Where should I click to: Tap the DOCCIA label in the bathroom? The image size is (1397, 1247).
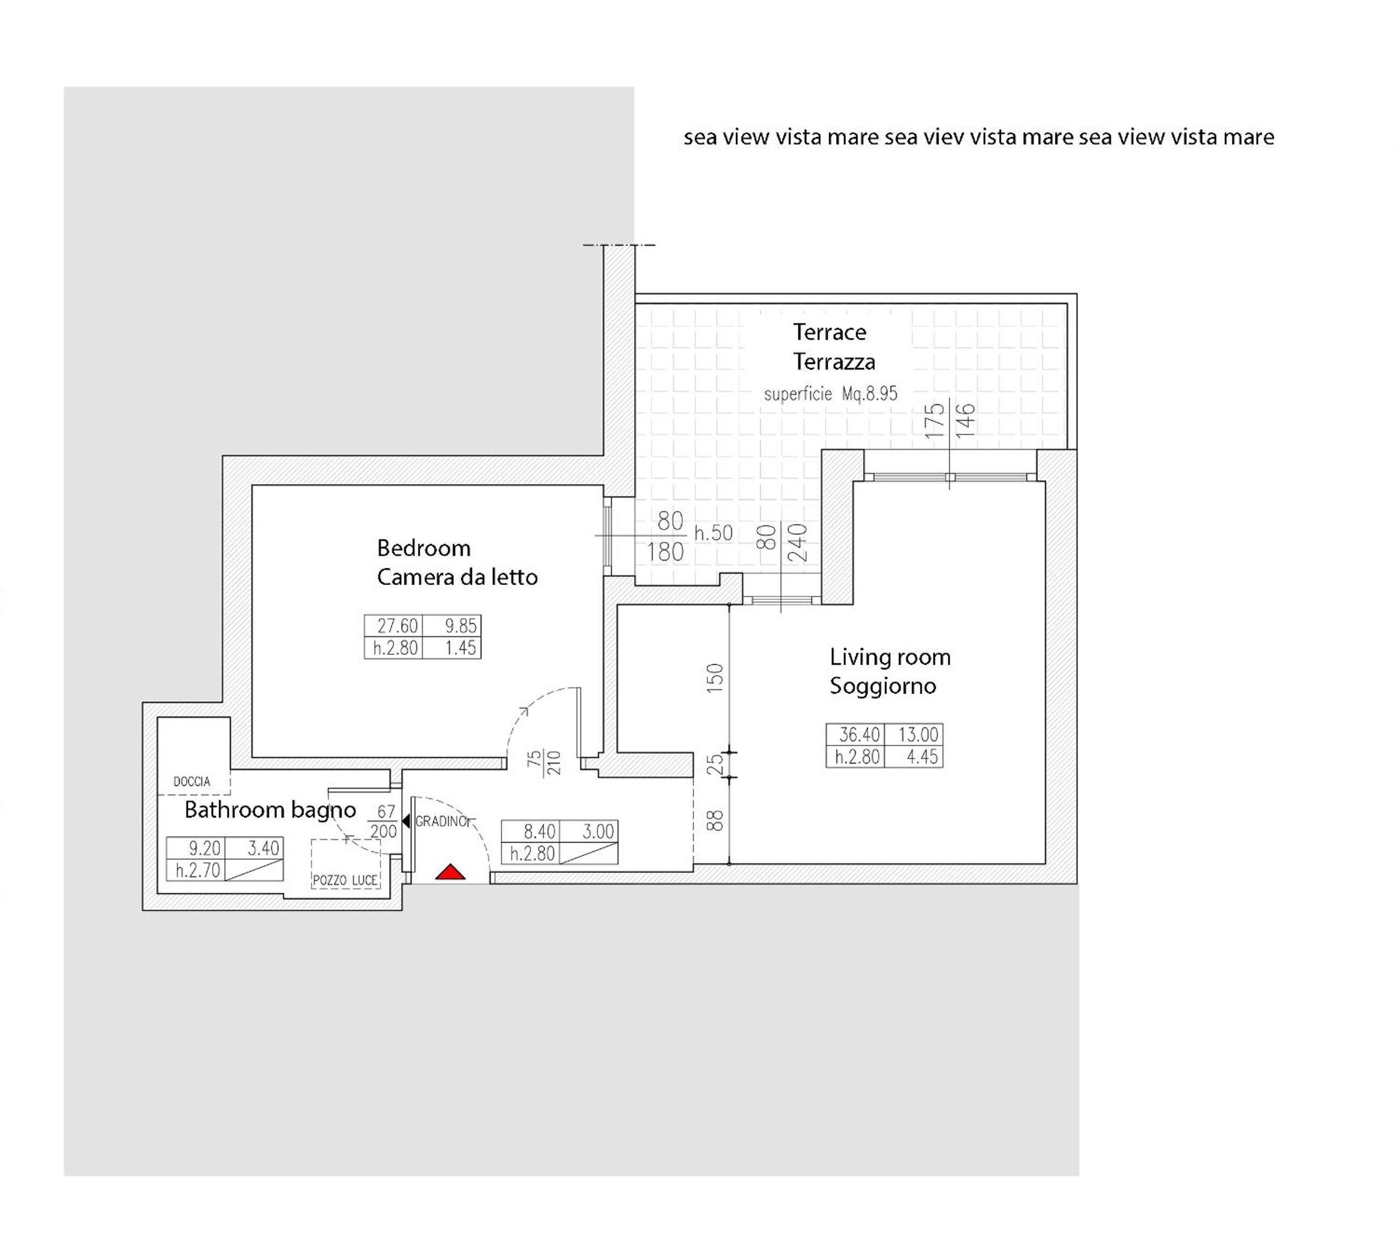192,781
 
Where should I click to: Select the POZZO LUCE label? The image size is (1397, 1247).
345,880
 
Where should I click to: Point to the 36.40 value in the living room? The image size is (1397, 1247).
859,735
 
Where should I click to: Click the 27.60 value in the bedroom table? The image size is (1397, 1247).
397,625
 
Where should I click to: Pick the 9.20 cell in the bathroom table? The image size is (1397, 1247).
205,848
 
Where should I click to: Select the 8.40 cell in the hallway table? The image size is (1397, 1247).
539,831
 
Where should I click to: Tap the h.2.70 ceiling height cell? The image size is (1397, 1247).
198,870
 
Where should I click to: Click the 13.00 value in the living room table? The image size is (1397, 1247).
918,735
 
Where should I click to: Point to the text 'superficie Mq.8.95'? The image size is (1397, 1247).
831,394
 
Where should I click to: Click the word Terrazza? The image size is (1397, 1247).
834,361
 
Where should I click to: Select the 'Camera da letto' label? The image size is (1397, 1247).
457,577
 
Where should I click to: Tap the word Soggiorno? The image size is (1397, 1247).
882,686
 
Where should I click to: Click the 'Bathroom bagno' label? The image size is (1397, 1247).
270,810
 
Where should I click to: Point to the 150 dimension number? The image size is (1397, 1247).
715,678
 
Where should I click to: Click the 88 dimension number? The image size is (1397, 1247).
715,821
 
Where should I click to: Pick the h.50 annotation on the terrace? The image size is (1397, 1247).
713,533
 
